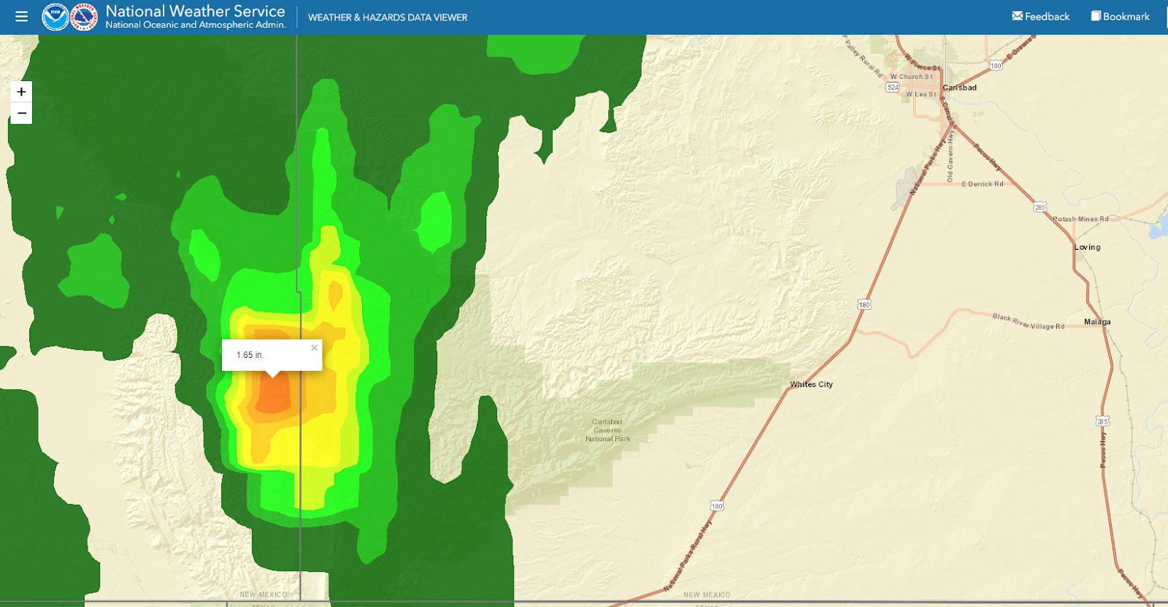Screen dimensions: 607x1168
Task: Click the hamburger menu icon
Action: coord(21,16)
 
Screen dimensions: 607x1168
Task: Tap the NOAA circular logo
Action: coord(55,17)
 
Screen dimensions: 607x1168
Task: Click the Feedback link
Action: coord(1040,16)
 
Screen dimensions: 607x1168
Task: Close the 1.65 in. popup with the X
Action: coord(314,348)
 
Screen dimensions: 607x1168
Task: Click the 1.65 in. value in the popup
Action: coord(250,355)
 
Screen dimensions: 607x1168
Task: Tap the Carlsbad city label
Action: coord(959,88)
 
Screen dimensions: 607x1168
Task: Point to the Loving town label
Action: coord(1087,247)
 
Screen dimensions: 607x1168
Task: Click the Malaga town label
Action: coord(1097,322)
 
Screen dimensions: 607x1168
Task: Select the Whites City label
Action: coord(811,384)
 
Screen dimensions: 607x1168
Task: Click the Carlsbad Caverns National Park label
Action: coord(607,430)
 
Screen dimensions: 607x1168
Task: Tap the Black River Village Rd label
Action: coord(1028,321)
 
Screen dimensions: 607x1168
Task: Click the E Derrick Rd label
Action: coord(982,184)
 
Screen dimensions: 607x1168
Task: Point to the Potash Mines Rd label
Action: coord(1080,219)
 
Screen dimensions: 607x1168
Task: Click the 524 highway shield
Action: coord(892,88)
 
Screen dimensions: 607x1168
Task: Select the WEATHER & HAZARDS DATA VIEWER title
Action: coord(388,18)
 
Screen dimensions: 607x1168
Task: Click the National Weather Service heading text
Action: coord(195,11)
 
